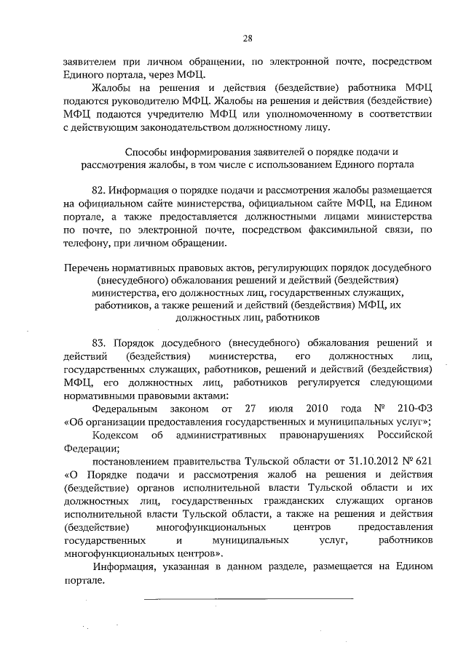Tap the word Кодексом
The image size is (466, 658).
click(x=118, y=435)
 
